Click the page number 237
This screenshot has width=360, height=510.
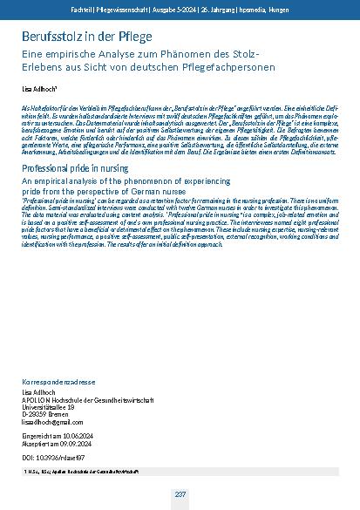coord(180,494)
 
